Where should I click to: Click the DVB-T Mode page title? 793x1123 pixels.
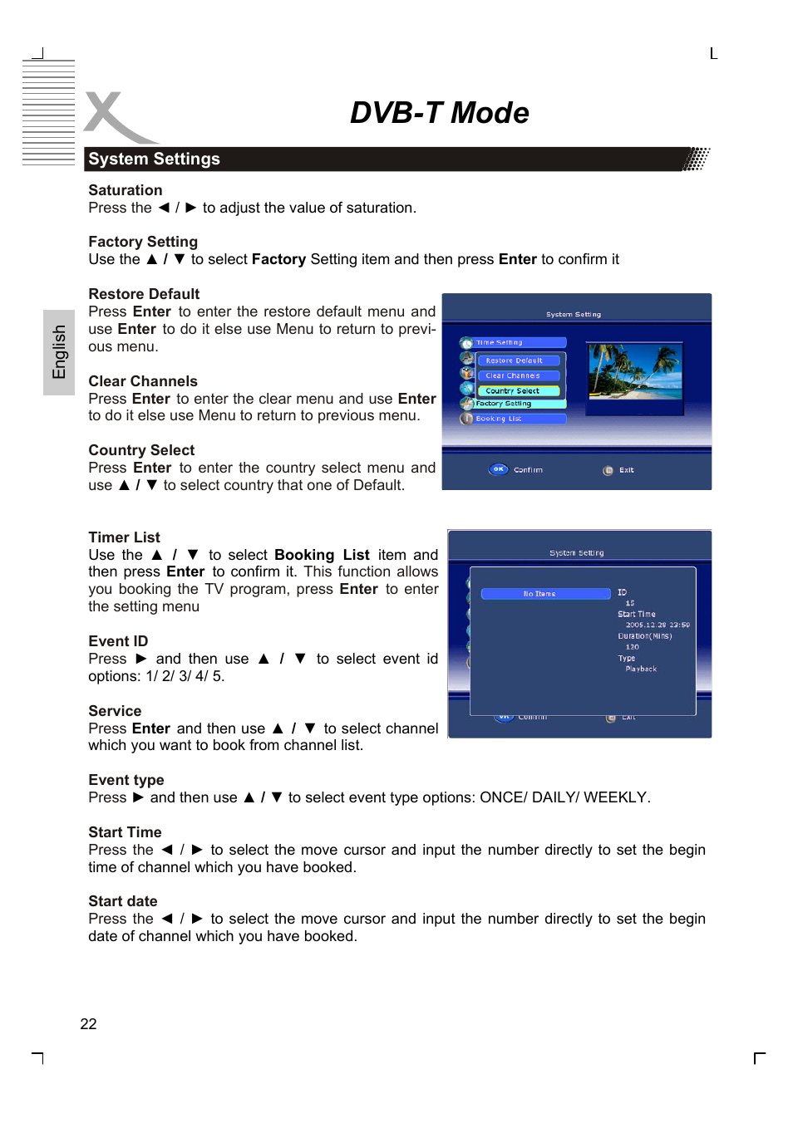[439, 113]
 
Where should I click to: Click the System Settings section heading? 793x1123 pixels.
[154, 159]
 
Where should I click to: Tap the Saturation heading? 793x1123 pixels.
[126, 190]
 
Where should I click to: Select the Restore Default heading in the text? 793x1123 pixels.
[144, 294]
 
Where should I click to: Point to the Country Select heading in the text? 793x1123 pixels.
[141, 450]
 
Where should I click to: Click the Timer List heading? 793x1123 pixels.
[124, 537]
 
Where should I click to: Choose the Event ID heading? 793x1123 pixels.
[118, 641]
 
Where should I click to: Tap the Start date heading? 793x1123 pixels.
[122, 901]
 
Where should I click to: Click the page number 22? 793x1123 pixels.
[88, 1024]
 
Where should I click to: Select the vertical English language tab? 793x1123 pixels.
[59, 352]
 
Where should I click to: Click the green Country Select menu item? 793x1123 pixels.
[518, 390]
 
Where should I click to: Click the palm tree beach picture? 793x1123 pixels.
[635, 371]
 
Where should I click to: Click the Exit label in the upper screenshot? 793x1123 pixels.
[626, 470]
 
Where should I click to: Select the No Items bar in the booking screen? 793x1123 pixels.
[545, 594]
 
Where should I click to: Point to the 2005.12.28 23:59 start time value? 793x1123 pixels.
[657, 625]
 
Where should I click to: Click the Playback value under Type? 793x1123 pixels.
[641, 669]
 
